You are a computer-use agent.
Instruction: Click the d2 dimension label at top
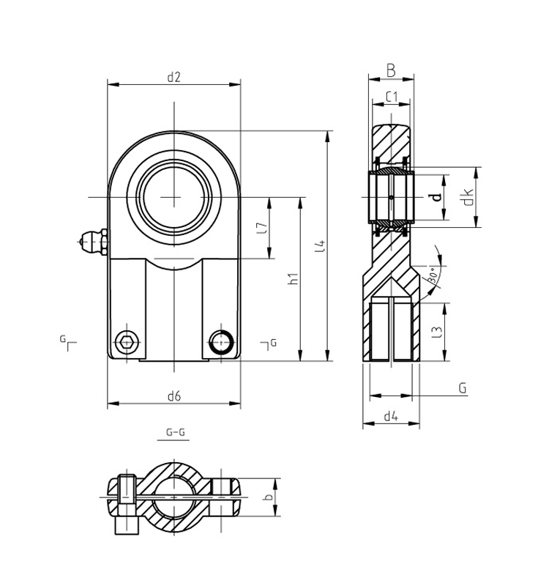[x=173, y=76]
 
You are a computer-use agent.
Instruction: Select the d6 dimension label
[x=173, y=396]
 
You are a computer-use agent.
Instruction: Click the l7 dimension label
[x=262, y=228]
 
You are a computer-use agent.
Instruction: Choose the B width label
[x=391, y=71]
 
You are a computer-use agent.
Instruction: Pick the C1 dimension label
[x=391, y=96]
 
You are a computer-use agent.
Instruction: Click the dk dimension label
[x=468, y=197]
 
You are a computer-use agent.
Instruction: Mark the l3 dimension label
[x=437, y=331]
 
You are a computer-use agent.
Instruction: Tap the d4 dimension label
[x=391, y=416]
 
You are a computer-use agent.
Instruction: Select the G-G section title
[x=175, y=432]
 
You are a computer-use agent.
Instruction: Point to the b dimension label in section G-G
[x=269, y=497]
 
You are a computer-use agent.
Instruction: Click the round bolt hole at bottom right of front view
[x=221, y=341]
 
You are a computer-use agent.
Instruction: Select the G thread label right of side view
[x=463, y=387]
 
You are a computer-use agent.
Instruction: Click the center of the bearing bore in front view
[x=174, y=197]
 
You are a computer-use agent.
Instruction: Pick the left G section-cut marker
[x=68, y=342]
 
